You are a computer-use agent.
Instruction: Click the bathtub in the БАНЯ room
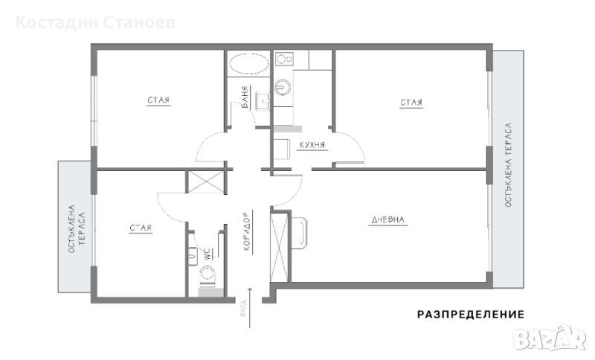click(x=248, y=63)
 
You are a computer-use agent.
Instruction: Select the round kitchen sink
click(x=283, y=86)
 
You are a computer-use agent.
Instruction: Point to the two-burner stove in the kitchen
click(x=284, y=60)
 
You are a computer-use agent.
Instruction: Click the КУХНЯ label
click(x=312, y=145)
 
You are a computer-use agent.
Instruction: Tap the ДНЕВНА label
click(x=387, y=219)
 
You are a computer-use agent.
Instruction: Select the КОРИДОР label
click(x=248, y=231)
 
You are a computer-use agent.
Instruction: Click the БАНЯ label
click(x=245, y=97)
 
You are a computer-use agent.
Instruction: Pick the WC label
click(x=208, y=254)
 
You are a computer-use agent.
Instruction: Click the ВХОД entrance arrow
click(x=250, y=308)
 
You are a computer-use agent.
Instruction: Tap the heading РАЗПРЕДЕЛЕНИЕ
click(x=471, y=315)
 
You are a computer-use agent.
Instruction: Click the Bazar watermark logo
click(x=549, y=338)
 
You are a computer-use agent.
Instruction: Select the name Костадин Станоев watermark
click(x=95, y=22)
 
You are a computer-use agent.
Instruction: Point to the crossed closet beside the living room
click(x=280, y=248)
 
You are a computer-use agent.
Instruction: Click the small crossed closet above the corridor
click(x=206, y=181)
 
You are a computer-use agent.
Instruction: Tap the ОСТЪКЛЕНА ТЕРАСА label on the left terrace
click(x=77, y=229)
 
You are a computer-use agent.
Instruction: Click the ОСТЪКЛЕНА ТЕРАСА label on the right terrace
click(x=508, y=165)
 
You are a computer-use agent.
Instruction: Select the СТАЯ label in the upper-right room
click(x=411, y=103)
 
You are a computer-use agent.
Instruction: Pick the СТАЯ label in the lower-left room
click(x=141, y=228)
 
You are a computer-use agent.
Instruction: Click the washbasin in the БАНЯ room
click(x=263, y=101)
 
